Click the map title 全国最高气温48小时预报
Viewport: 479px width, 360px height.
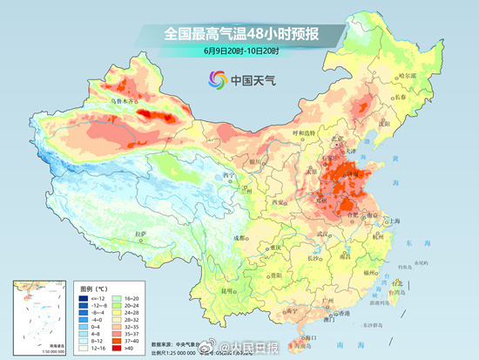[239, 33]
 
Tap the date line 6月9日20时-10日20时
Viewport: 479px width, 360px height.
[239, 51]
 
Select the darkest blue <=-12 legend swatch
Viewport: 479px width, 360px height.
[76, 297]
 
